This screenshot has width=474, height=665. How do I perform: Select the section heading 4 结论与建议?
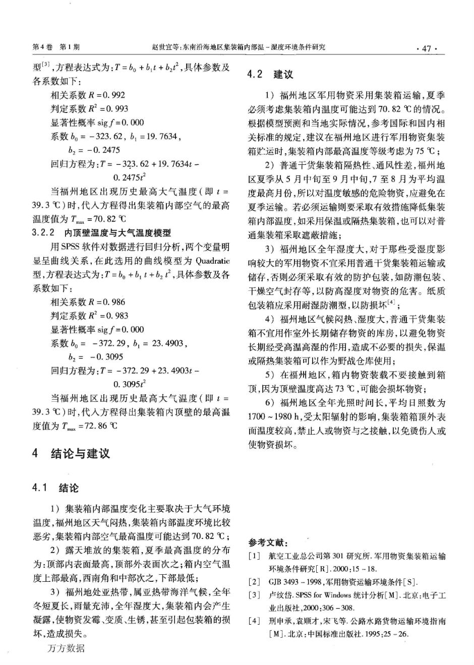coord(71,453)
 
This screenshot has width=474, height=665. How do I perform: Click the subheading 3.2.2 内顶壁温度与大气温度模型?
coord(101,233)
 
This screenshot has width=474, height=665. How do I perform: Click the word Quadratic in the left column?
coord(212,261)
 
